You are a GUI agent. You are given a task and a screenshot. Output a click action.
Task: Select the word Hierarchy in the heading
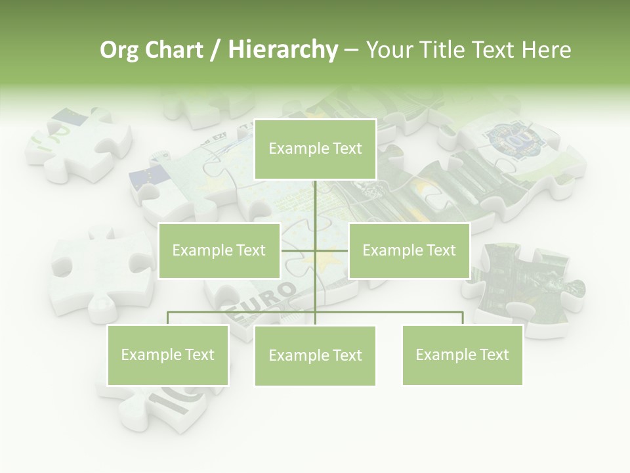[283, 50]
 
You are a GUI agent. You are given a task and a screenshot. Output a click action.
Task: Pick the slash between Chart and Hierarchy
[215, 50]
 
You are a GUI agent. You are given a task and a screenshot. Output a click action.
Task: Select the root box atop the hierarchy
[315, 149]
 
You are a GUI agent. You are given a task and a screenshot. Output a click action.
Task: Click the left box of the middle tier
[219, 250]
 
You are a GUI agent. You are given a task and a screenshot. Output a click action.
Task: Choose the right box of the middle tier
[409, 250]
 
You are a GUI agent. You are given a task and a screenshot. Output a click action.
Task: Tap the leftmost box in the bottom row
[168, 355]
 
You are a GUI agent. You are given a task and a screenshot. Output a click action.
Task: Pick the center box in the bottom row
[315, 355]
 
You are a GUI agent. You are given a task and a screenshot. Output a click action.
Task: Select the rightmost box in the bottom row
[462, 355]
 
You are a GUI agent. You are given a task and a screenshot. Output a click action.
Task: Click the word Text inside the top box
[346, 149]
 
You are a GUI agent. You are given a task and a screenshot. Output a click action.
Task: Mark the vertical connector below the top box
[315, 204]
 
